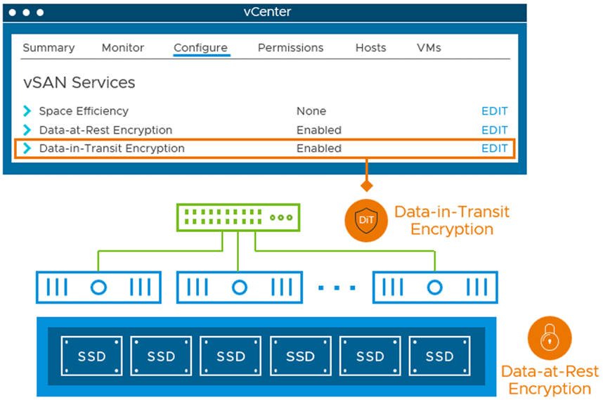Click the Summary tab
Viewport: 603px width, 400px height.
48,48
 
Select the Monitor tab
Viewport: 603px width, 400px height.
123,48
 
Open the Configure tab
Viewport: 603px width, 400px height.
201,48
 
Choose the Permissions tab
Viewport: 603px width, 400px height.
290,48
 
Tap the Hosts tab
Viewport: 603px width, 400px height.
370,48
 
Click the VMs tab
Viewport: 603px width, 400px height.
429,48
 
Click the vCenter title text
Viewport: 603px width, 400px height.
267,12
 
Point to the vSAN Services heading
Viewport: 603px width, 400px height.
79,82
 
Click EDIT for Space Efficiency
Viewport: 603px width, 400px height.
495,111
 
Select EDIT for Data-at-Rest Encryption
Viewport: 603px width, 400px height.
495,130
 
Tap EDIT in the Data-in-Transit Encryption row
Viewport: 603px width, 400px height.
495,148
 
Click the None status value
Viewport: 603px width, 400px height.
311,111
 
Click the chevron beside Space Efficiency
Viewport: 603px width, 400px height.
27,111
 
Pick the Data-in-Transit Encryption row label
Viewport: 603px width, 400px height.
112,148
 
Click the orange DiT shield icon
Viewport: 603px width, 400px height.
366,220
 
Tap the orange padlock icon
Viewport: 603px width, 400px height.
550,338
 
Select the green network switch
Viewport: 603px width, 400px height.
238,217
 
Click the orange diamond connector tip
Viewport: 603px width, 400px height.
366,186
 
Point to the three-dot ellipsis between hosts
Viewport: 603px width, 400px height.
337,288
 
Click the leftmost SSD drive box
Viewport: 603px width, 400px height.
91,356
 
